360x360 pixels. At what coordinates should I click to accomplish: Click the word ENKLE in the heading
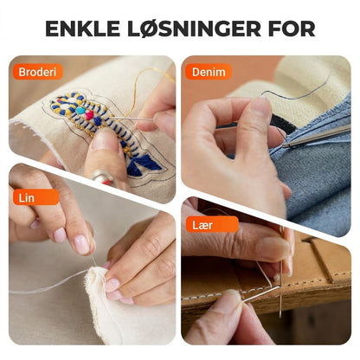[82, 29]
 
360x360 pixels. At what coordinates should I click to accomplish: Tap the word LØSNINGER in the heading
[194, 29]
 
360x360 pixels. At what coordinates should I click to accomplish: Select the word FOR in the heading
[292, 29]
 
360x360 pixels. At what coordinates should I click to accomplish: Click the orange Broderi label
[37, 72]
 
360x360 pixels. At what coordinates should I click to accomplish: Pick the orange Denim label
[209, 72]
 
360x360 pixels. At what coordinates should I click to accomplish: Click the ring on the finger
[103, 177]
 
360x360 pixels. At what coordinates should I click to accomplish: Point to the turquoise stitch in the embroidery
[80, 110]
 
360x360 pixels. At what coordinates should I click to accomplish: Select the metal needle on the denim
[317, 136]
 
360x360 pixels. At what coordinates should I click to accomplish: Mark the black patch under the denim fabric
[284, 124]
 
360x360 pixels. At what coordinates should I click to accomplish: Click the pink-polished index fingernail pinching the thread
[82, 244]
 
